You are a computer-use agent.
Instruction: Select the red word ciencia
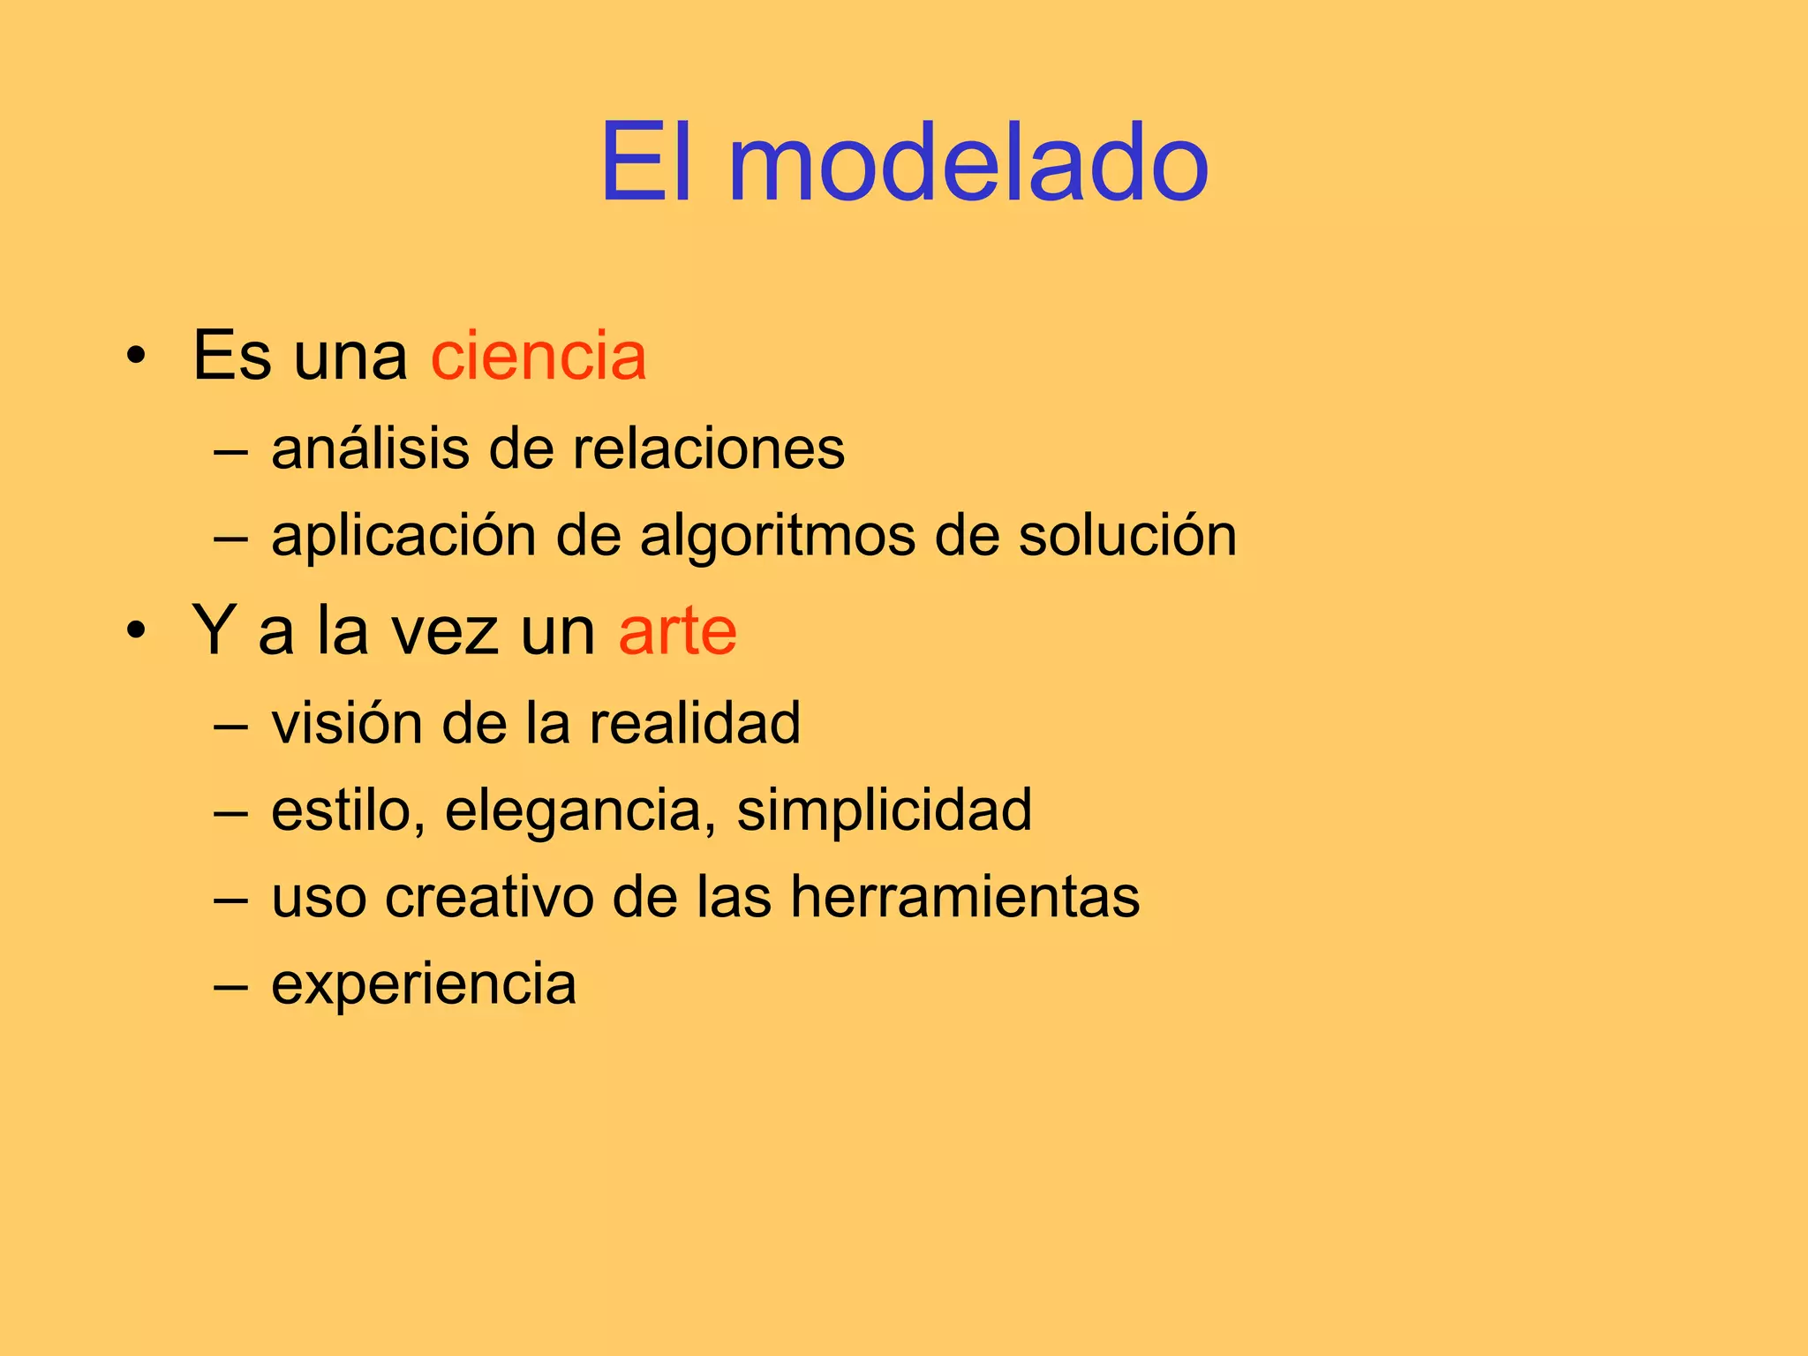[539, 356]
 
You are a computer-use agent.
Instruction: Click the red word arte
[677, 631]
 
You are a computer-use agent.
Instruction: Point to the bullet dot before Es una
[135, 357]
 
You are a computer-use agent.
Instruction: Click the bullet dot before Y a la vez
[135, 632]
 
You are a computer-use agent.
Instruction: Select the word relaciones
[709, 448]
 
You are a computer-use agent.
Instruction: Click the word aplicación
[403, 536]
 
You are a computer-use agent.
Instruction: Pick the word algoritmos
[778, 536]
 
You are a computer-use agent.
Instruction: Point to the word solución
[1127, 536]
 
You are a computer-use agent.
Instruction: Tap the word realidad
[695, 723]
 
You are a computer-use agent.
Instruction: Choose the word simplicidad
[884, 810]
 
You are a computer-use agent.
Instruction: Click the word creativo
[489, 897]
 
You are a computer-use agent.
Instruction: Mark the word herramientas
[964, 897]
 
